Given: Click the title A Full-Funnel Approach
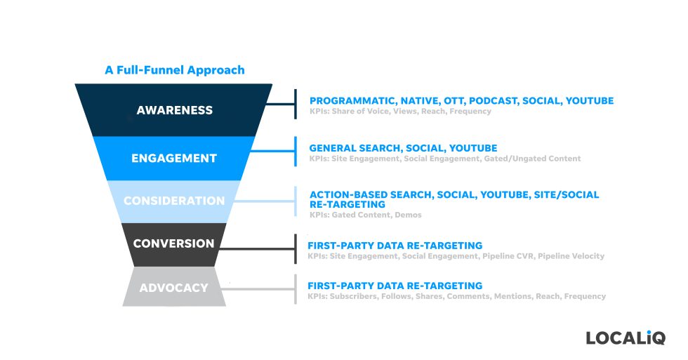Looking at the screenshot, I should (x=174, y=70).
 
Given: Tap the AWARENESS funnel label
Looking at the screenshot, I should (x=174, y=110).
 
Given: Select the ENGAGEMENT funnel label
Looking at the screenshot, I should (x=173, y=158).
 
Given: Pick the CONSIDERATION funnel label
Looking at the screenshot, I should (x=173, y=201).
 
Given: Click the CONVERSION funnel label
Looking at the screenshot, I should (x=173, y=244).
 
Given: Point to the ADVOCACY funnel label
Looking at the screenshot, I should (x=173, y=288).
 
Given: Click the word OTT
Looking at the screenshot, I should (x=453, y=101).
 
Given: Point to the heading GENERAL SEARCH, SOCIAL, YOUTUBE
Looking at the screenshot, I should (x=403, y=148).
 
